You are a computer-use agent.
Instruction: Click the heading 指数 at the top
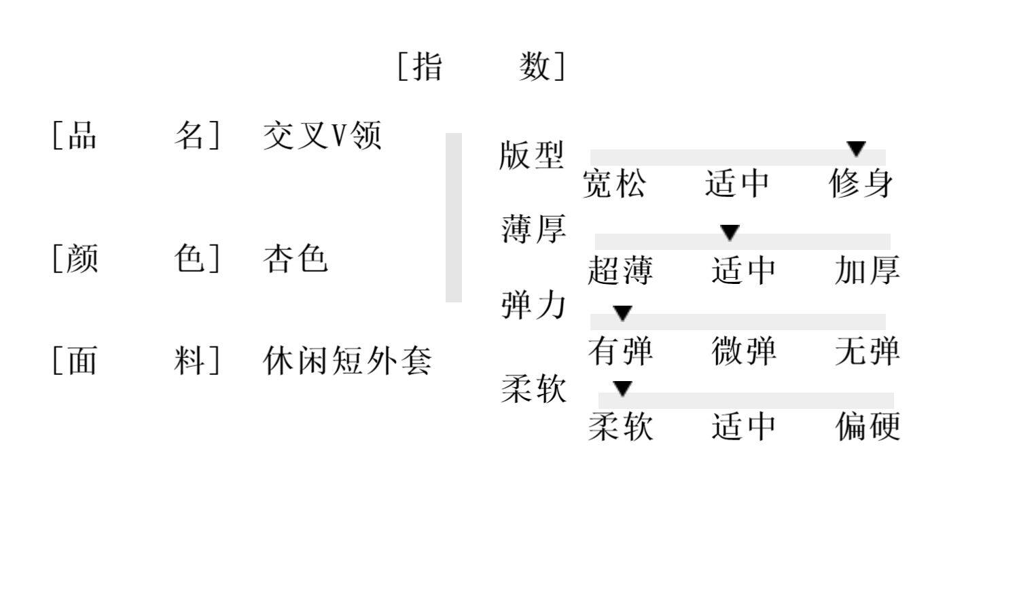coord(481,67)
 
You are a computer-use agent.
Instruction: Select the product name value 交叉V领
coord(322,135)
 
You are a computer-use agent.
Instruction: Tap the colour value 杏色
coord(296,259)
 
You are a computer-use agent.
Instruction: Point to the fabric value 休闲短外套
coord(347,361)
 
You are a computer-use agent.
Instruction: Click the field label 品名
coord(137,135)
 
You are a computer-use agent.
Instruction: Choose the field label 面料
coord(137,361)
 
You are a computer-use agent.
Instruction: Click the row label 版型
coord(531,155)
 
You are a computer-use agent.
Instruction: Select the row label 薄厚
coord(533,229)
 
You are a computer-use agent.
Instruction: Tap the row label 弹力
coord(533,305)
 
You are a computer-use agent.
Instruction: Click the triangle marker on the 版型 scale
coord(856,148)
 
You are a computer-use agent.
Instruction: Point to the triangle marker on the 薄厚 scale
coord(730,233)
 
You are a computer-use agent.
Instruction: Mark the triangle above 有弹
coord(622,313)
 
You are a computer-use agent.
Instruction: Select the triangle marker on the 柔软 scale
coord(622,389)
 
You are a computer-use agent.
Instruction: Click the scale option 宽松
coord(614,184)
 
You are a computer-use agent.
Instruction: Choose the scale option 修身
coord(861,183)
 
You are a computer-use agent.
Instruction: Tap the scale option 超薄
coord(620,270)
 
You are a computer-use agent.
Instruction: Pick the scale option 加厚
coord(868,270)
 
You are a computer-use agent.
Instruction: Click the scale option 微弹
coord(744,351)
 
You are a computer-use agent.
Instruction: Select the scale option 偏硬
coord(868,427)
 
